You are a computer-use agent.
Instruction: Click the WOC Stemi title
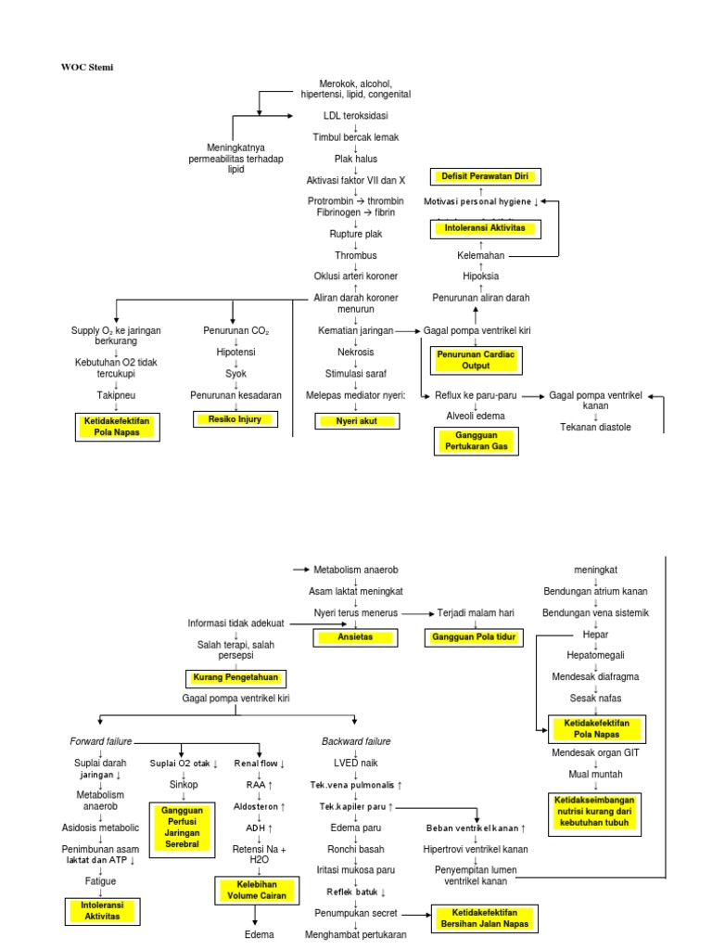[87, 67]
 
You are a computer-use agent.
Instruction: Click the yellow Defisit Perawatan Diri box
[485, 176]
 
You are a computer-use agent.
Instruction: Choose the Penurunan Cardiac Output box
[476, 360]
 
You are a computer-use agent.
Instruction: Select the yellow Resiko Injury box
[233, 419]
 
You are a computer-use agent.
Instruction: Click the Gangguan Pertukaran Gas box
[476, 441]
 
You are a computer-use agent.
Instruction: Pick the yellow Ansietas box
[356, 637]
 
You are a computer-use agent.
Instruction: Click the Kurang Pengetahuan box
[235, 677]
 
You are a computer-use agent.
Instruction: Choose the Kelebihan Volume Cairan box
[255, 891]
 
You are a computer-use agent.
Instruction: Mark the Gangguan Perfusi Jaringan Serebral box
[182, 827]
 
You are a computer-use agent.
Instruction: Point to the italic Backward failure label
[356, 741]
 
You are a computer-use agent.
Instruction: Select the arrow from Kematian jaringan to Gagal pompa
[408, 330]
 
